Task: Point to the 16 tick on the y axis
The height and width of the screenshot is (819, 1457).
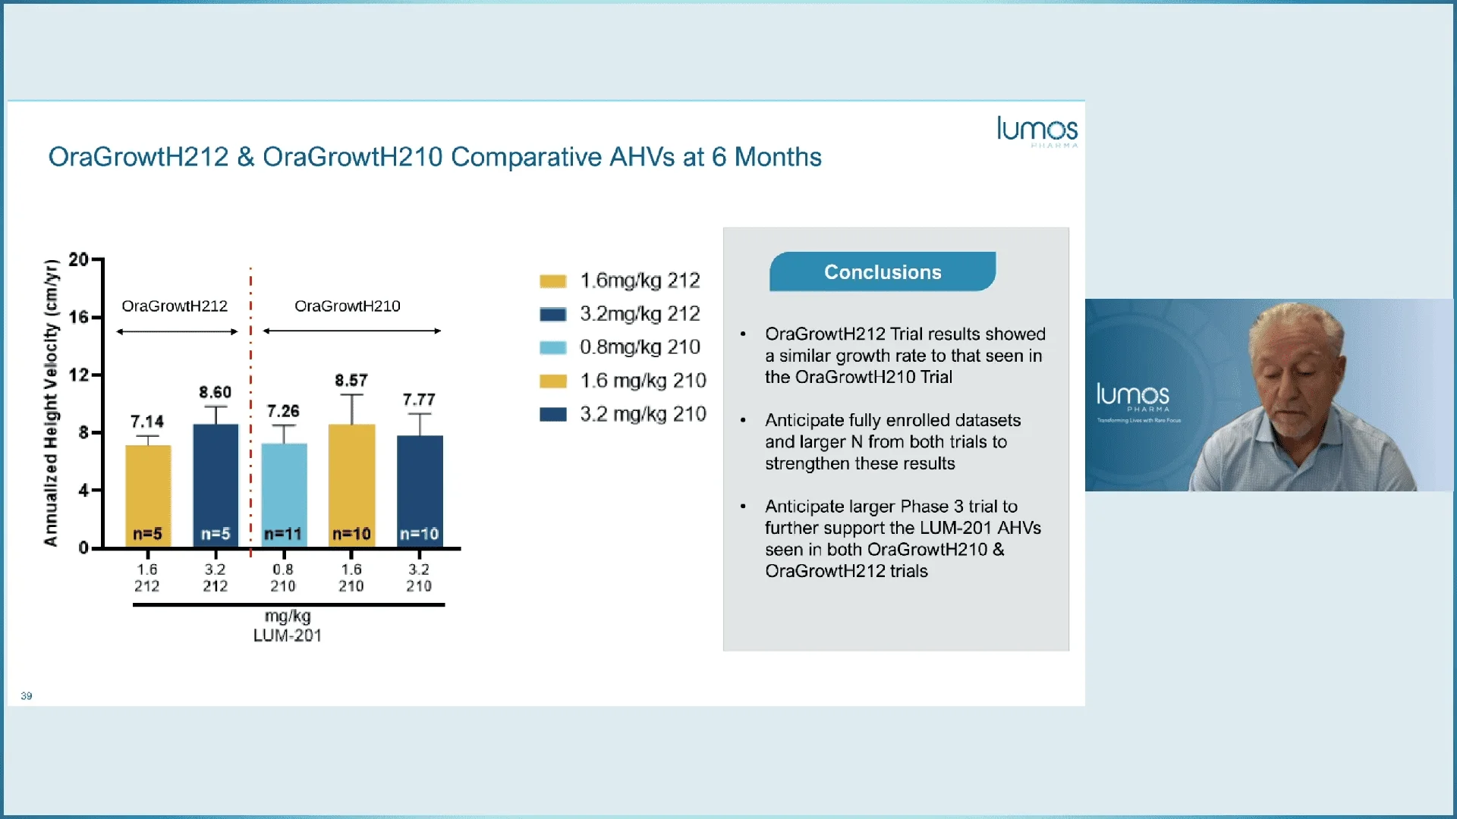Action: [x=79, y=317]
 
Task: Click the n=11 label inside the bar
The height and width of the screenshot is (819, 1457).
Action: [x=283, y=534]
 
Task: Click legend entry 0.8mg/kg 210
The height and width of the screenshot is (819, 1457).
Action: [x=639, y=347]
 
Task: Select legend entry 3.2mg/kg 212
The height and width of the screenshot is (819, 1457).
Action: [x=639, y=314]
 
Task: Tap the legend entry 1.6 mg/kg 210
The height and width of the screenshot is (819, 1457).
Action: [x=642, y=381]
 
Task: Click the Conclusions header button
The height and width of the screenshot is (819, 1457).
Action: [x=882, y=272]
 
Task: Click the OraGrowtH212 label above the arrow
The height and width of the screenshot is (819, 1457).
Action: [x=175, y=306]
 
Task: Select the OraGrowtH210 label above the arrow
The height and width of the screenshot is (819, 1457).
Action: [x=348, y=306]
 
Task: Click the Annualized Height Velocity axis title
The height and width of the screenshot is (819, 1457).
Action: [x=51, y=403]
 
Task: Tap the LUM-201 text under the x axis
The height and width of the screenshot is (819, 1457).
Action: [x=287, y=635]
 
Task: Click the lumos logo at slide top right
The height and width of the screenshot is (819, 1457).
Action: [x=1037, y=130]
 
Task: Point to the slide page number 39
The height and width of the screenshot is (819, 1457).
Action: [x=27, y=696]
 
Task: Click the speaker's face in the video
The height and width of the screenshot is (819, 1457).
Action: [x=1298, y=379]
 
